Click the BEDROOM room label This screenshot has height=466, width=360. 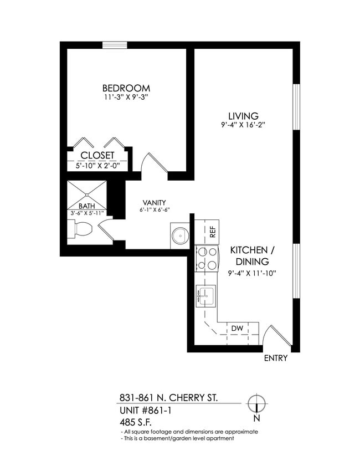[x=126, y=88]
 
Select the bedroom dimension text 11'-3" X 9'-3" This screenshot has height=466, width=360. [x=126, y=98]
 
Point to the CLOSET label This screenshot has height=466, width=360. [x=97, y=156]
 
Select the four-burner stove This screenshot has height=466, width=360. [x=206, y=258]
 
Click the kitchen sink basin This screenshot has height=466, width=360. [x=207, y=295]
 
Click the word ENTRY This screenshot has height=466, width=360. [x=275, y=358]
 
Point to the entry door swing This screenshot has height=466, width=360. [x=274, y=334]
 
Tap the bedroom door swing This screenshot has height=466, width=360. [x=153, y=163]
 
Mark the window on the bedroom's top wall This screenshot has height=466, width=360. [x=115, y=45]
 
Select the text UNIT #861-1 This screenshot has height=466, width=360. [x=148, y=411]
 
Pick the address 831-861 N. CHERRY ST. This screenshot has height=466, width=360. [x=169, y=398]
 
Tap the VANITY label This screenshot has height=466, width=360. [x=153, y=203]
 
